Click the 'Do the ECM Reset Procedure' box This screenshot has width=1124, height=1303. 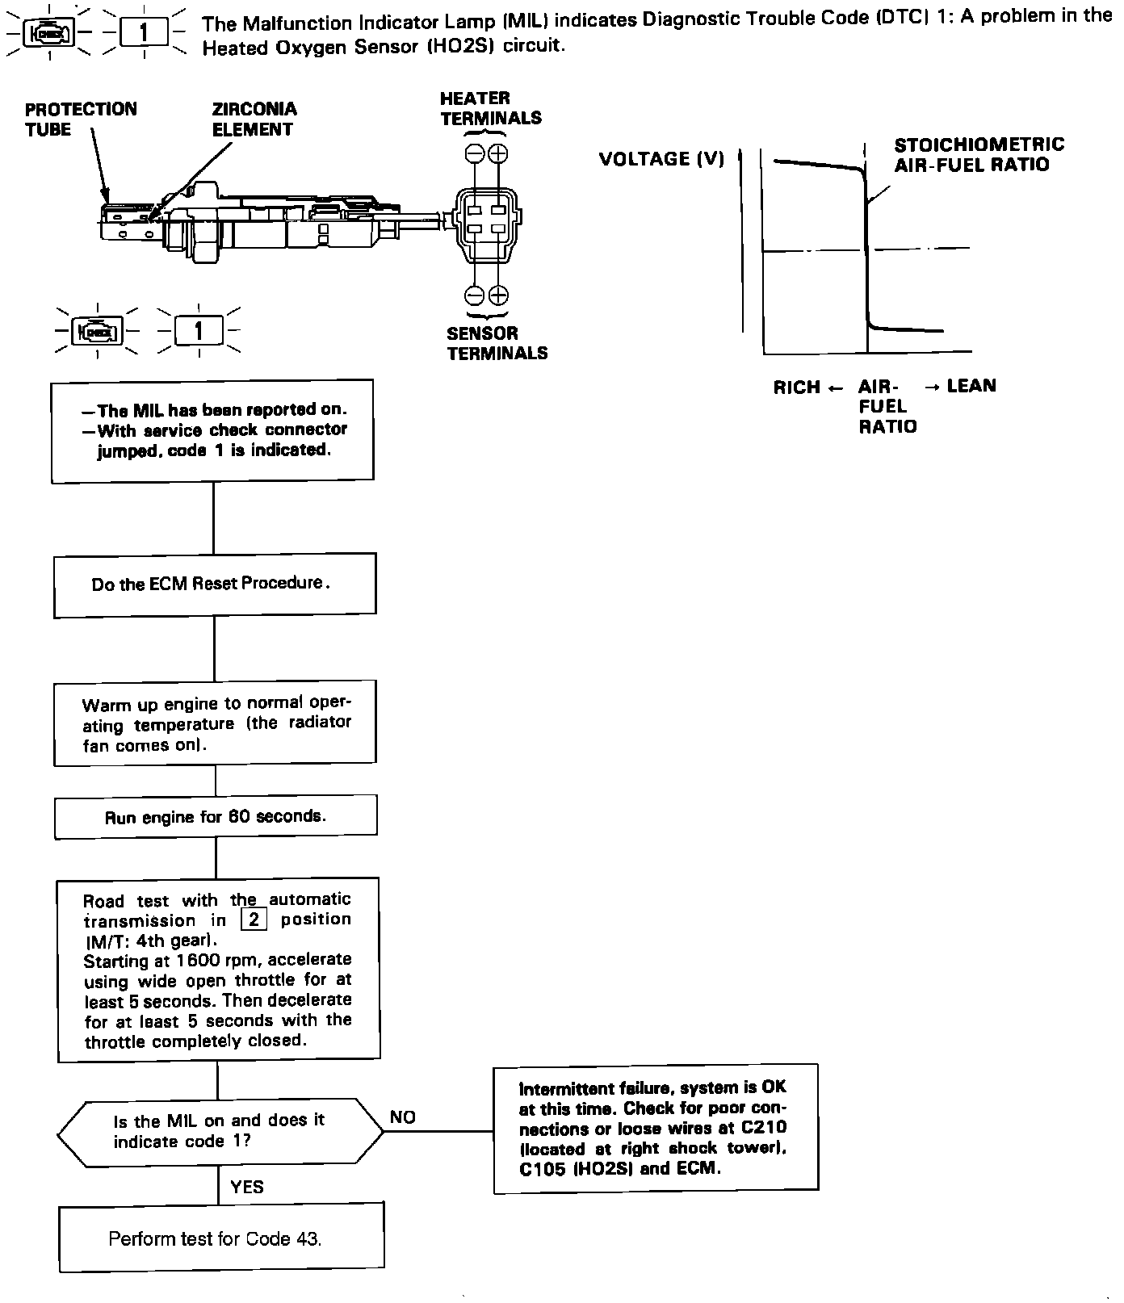215,584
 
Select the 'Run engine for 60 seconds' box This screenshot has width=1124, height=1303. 216,817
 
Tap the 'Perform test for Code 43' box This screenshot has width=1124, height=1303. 220,1238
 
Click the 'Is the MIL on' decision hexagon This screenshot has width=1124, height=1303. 220,1130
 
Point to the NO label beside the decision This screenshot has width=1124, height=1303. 402,1117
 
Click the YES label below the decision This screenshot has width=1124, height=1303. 246,1187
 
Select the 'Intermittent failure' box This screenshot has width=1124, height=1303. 655,1128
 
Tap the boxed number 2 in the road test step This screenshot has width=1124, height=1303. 254,920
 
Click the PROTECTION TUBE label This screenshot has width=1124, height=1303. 81,119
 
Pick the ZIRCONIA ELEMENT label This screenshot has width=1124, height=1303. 254,119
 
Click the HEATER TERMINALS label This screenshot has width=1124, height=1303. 491,108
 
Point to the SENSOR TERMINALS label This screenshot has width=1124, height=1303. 497,343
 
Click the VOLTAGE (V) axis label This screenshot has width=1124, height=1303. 662,159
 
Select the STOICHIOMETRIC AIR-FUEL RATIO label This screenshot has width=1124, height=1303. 979,154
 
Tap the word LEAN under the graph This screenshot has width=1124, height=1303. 971,386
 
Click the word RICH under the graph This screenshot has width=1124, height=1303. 796,388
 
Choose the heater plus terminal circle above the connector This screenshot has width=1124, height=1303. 498,153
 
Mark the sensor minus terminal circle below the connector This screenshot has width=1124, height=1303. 475,295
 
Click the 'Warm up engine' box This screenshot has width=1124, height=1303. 216,723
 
